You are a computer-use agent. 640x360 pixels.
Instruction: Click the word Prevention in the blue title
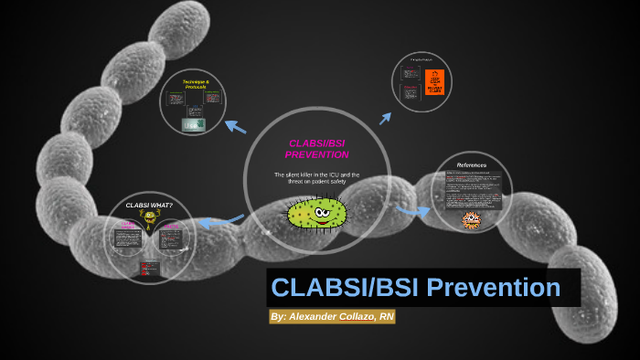tap(497, 288)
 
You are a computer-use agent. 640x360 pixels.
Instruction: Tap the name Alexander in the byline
tap(321, 317)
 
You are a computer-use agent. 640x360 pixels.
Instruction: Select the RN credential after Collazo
tap(387, 317)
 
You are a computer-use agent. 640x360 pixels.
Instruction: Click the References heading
tap(472, 165)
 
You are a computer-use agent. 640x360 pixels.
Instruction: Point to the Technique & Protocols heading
tap(196, 85)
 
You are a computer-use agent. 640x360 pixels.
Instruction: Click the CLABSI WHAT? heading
tap(148, 205)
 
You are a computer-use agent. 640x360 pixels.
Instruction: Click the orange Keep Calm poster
tap(435, 83)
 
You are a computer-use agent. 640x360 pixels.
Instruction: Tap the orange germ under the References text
tap(472, 219)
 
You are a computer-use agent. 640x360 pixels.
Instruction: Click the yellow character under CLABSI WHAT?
tap(148, 218)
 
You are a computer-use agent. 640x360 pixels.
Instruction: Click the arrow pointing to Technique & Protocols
tap(235, 126)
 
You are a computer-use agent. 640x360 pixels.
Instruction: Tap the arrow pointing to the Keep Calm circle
tap(386, 117)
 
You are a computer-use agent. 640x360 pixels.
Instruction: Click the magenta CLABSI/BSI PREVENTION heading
tap(318, 149)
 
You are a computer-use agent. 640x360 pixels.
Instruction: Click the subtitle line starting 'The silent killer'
tap(317, 175)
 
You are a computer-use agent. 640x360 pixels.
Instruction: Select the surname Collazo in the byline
tap(361, 317)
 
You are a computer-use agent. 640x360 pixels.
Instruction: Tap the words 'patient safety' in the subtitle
tap(325, 183)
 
